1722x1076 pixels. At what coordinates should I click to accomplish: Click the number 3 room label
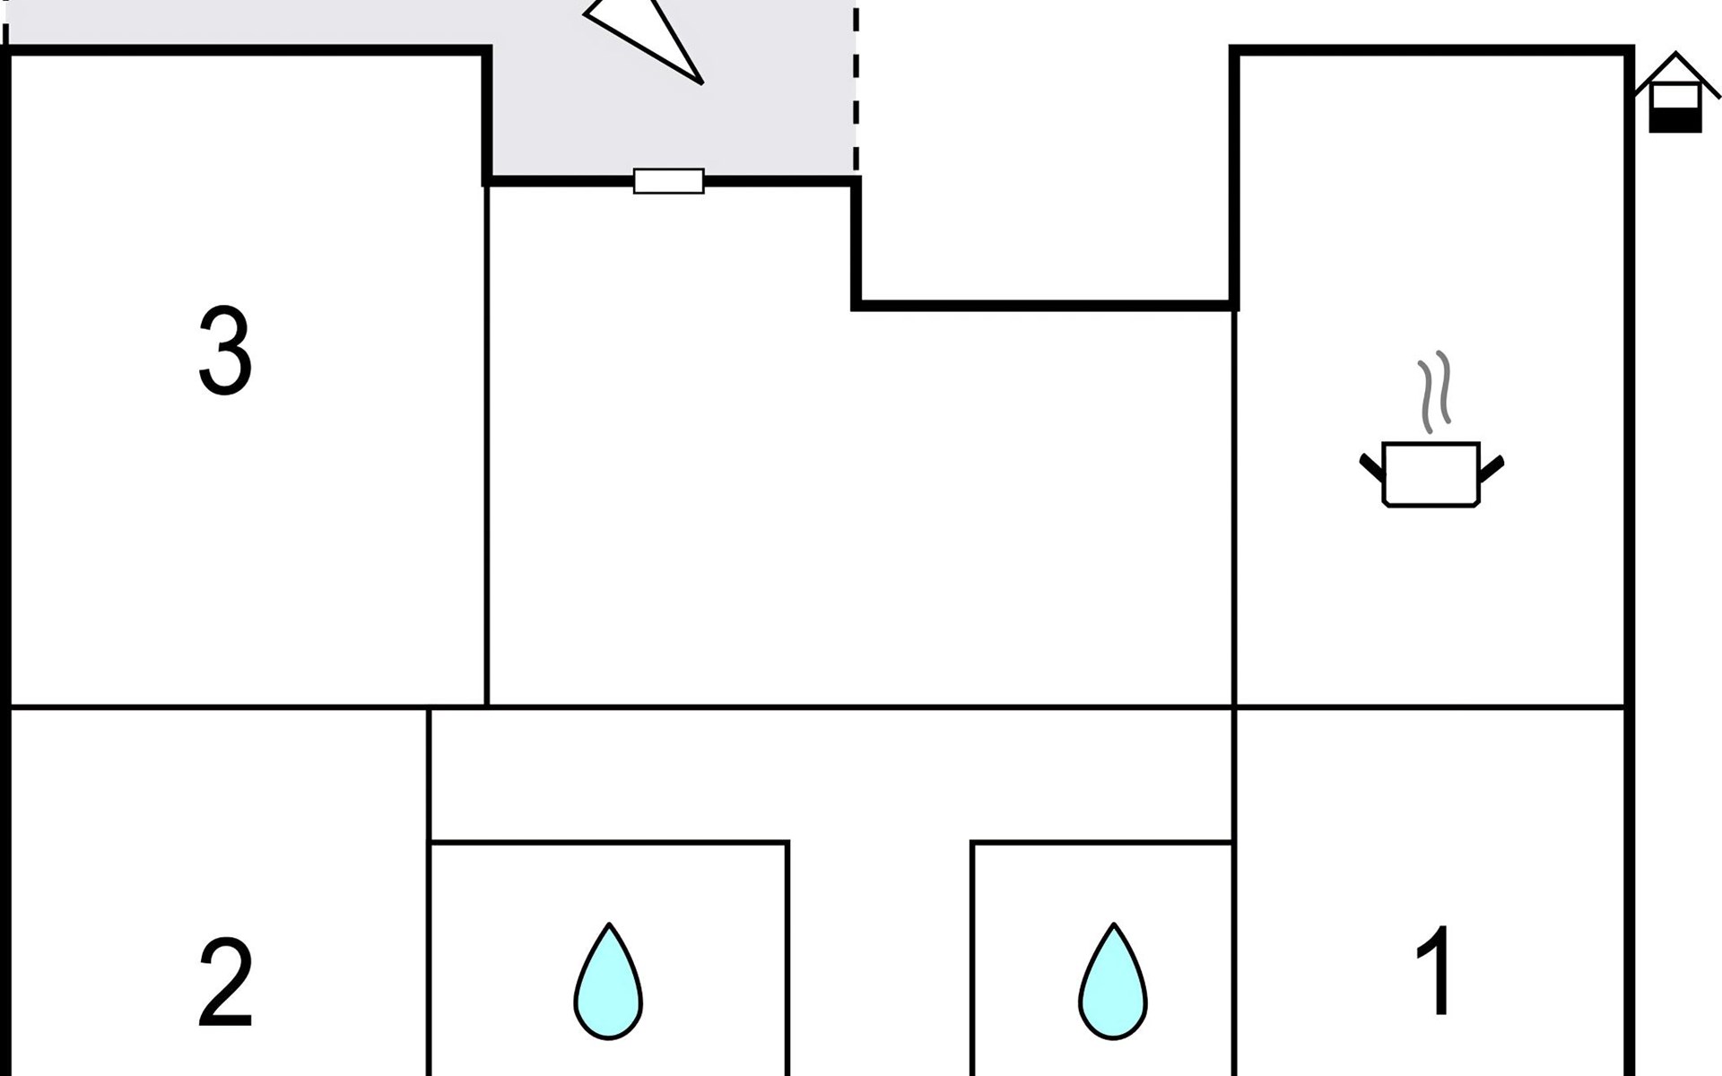pos(225,351)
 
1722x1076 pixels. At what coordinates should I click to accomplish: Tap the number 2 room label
pos(225,984)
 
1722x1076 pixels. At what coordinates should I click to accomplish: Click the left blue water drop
pos(608,985)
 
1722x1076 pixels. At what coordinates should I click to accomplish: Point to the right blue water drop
pos(1112,985)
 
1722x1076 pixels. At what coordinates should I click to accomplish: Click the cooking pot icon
pos(1431,475)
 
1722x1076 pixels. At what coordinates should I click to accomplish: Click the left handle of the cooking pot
pos(1371,467)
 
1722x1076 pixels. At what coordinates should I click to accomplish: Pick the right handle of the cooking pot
pos(1492,467)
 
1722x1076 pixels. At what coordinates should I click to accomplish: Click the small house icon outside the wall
pos(1675,94)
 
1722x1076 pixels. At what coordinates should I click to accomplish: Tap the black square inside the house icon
pos(1675,119)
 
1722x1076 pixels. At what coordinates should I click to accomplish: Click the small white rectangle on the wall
pos(668,181)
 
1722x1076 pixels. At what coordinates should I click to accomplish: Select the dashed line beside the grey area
pos(856,90)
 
